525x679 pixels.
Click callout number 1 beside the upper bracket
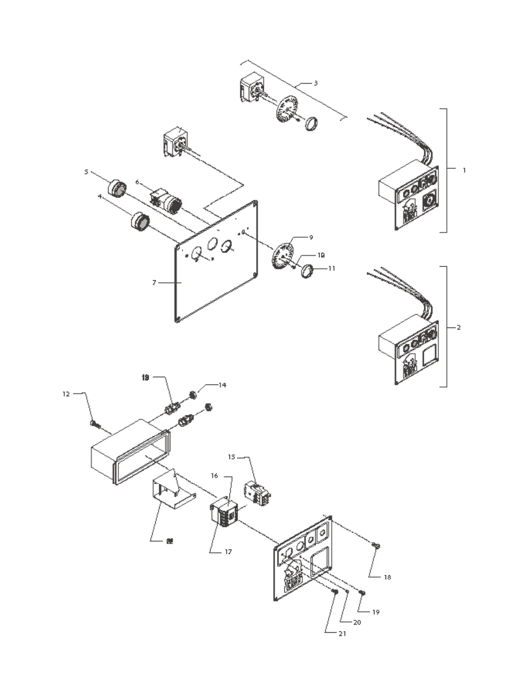(464, 170)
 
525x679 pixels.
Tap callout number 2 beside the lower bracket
(459, 327)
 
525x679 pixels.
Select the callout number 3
(316, 83)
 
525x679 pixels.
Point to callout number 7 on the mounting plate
(154, 283)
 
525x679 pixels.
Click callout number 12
(66, 394)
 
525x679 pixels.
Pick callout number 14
(222, 385)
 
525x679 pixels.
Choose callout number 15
(232, 457)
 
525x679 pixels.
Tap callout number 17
(228, 552)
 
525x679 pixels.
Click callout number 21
(342, 633)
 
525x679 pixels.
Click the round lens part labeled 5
(117, 189)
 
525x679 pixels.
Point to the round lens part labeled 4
(141, 221)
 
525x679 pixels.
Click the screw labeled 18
(376, 546)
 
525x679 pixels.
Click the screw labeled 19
(362, 592)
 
